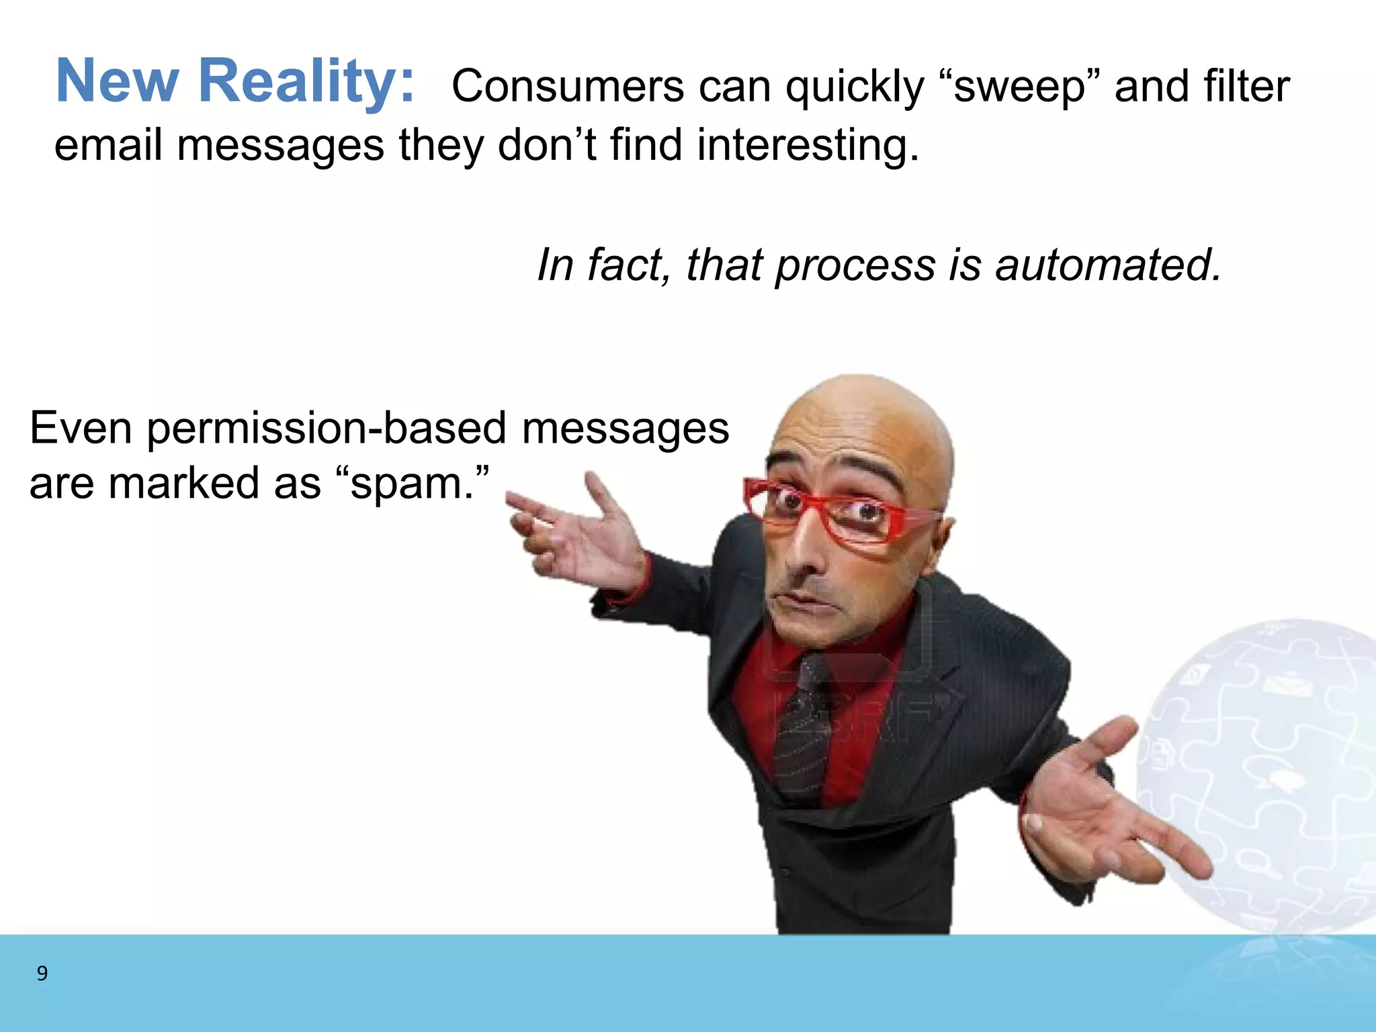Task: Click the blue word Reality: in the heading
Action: (306, 82)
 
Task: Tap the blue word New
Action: (117, 82)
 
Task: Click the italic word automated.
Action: (1108, 265)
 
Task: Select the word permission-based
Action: (327, 429)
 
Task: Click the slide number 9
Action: (42, 973)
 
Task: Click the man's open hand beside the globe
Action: (1102, 806)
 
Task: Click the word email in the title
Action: (108, 145)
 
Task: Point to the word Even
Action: (81, 429)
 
